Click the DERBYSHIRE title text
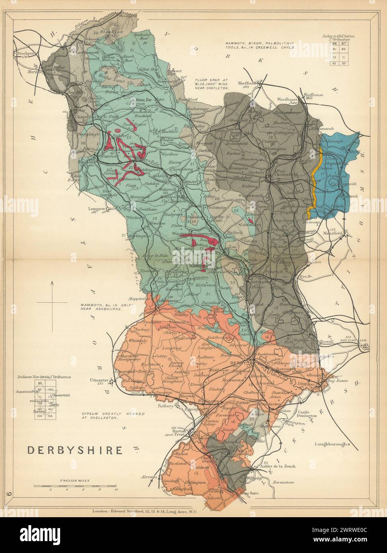[74, 450]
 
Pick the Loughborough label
[329, 444]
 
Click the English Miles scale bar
[74, 486]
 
